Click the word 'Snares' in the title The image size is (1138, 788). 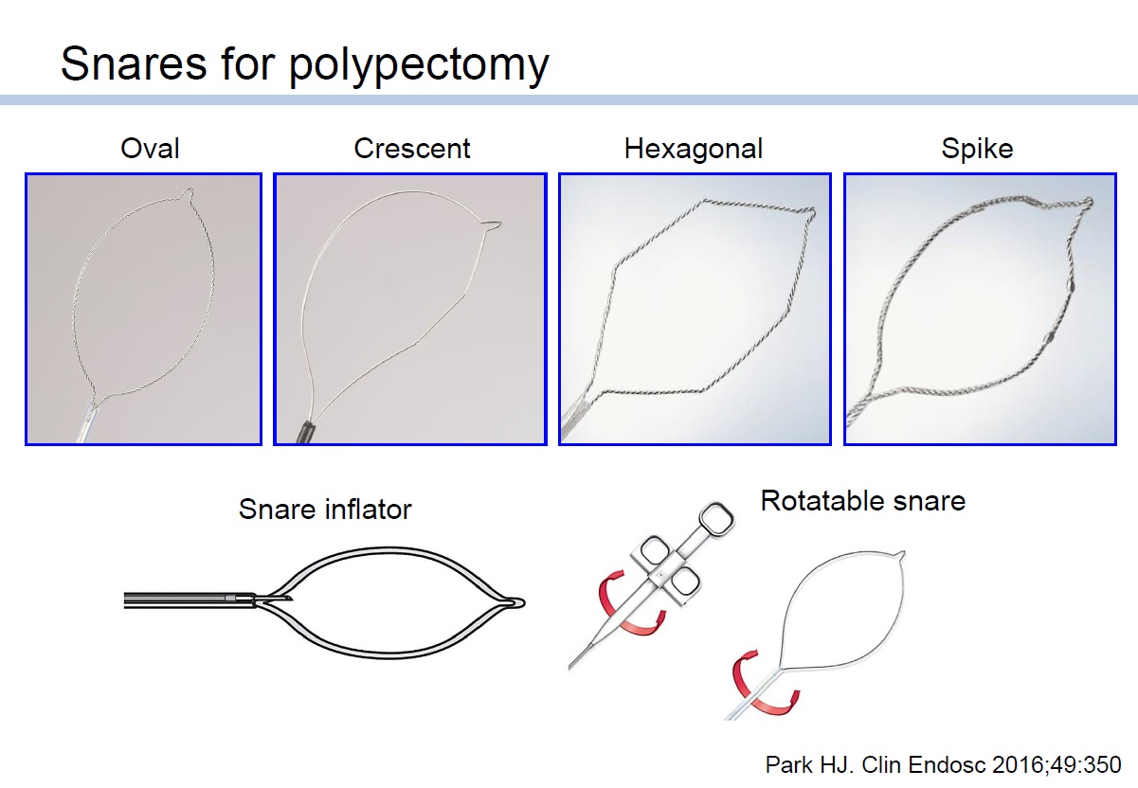tap(134, 63)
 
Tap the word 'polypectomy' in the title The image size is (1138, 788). tap(419, 66)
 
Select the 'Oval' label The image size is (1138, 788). tap(150, 149)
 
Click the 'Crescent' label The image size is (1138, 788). tap(412, 149)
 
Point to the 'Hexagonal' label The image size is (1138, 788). tap(694, 150)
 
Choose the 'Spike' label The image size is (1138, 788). tap(978, 150)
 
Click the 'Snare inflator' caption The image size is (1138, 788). tap(325, 510)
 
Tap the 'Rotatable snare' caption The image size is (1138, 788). tap(863, 501)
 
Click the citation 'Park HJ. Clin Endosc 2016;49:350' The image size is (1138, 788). tap(944, 764)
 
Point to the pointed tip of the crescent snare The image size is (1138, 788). tap(500, 223)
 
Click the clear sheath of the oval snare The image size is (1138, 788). tap(86, 423)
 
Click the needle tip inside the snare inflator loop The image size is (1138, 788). tap(291, 600)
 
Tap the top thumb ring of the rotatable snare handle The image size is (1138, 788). tap(716, 518)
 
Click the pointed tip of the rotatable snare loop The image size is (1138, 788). tap(903, 553)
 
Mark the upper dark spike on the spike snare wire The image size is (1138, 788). tap(1072, 286)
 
